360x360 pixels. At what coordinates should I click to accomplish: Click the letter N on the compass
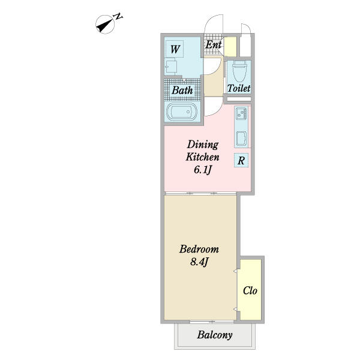tap(118, 17)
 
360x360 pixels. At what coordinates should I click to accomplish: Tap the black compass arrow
tap(104, 25)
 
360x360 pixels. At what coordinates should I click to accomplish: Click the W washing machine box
tap(175, 49)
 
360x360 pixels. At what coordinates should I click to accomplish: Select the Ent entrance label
tap(213, 44)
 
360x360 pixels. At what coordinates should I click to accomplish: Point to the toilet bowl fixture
tap(239, 71)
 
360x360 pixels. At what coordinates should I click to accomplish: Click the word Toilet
tap(239, 88)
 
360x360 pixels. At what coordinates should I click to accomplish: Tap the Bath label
tap(182, 90)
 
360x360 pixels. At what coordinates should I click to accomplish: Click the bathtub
tap(182, 112)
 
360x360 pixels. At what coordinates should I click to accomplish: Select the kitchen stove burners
tap(241, 113)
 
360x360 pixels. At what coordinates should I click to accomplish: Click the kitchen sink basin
tap(241, 139)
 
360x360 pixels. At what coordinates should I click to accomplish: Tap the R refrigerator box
tap(241, 160)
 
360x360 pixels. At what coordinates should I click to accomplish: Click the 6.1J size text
tap(203, 170)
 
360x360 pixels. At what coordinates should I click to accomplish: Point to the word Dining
tap(203, 145)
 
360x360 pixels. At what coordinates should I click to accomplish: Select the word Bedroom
tap(199, 249)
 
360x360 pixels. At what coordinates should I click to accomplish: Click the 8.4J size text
tap(199, 262)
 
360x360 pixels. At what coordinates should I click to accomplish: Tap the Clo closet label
tap(250, 290)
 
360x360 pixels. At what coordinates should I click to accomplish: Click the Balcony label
tap(215, 335)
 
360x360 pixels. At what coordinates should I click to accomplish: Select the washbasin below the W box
tap(170, 67)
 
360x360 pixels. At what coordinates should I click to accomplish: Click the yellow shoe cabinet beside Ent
tap(230, 47)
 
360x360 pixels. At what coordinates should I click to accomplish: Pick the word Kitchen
tap(203, 157)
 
